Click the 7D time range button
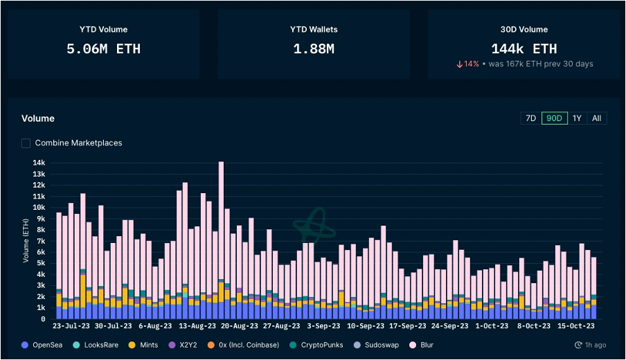coord(530,118)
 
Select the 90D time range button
coord(554,118)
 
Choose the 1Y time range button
coord(577,118)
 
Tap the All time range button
coord(596,118)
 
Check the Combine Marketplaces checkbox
coord(26,143)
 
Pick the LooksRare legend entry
coord(101,345)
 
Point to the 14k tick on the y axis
coord(39,163)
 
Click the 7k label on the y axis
coord(41,241)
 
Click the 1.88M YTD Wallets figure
coord(313,49)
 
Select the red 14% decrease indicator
coord(467,64)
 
